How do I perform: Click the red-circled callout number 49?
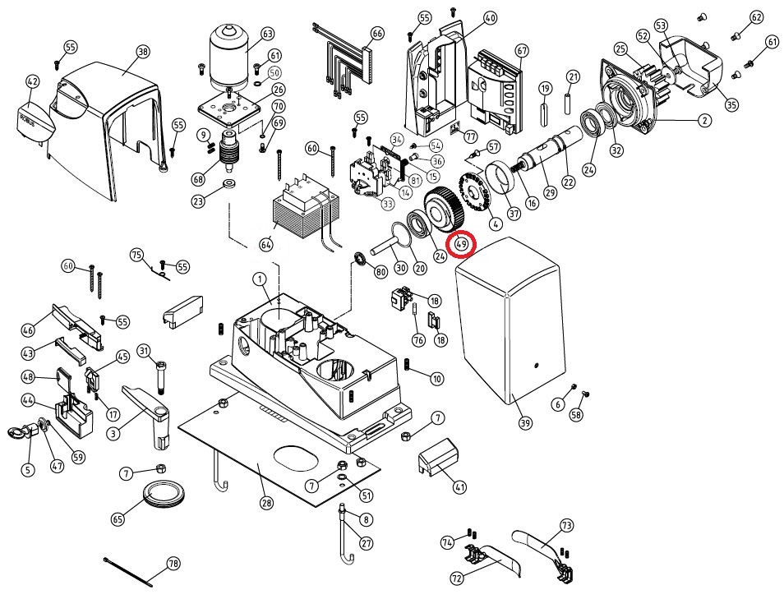[x=461, y=244]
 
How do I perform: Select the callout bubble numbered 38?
[x=143, y=51]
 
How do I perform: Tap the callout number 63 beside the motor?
[x=267, y=34]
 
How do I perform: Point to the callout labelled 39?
[x=525, y=423]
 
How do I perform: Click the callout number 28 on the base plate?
[x=265, y=503]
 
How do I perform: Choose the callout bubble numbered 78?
[x=173, y=564]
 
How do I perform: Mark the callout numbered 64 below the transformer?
[x=265, y=245]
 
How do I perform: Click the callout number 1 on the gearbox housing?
[x=261, y=280]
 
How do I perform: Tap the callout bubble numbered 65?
[x=118, y=519]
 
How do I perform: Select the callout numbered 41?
[x=459, y=486]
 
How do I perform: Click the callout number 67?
[x=521, y=50]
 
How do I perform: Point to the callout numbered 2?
[x=703, y=121]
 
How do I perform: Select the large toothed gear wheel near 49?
[x=445, y=211]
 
